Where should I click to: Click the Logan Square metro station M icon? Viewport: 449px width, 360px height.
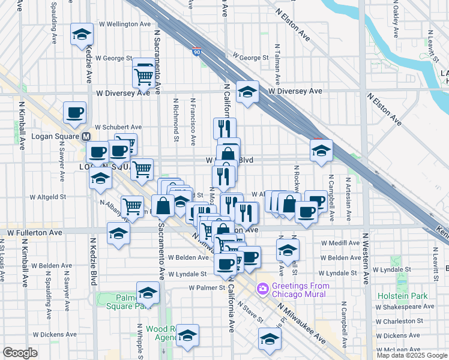[86, 137]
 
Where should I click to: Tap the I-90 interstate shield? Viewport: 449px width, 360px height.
[197, 53]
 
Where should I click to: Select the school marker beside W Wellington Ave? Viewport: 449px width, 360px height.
[82, 35]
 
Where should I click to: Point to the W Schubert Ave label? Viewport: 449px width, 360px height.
[118, 127]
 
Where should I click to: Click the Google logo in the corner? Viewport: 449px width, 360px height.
[20, 353]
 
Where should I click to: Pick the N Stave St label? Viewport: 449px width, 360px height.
[250, 311]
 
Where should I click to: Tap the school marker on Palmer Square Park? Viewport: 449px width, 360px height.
[148, 293]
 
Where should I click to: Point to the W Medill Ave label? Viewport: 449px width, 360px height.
[340, 244]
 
